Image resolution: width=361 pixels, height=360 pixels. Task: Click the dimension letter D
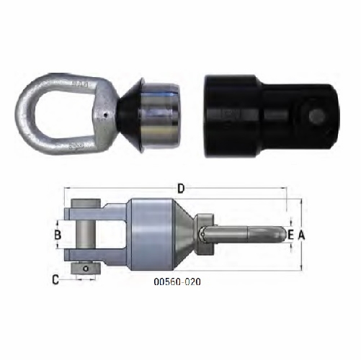[182, 189]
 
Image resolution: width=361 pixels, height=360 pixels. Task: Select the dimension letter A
[303, 235]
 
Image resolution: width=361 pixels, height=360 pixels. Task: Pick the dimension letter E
[290, 235]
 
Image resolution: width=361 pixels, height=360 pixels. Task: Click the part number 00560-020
[177, 282]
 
